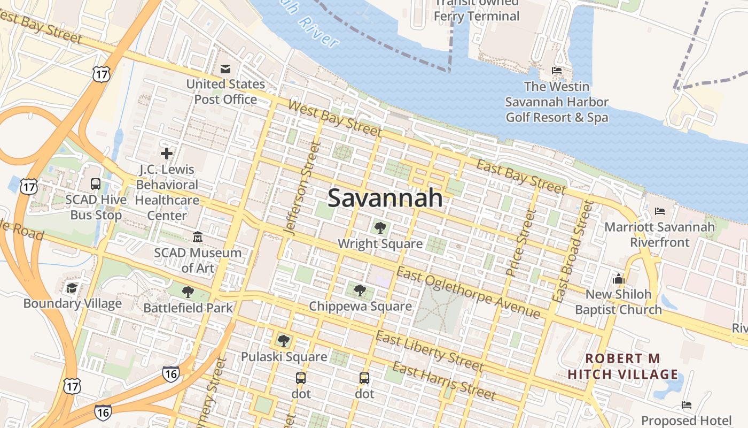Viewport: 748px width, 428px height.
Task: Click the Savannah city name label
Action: point(385,198)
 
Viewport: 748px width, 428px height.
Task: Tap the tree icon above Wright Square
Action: point(380,228)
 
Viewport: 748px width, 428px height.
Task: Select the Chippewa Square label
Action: point(361,306)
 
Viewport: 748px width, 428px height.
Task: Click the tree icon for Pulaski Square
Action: point(284,341)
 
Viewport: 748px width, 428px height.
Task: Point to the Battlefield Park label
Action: point(188,308)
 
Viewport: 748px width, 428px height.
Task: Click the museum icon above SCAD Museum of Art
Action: point(198,236)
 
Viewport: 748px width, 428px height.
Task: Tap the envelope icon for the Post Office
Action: point(225,69)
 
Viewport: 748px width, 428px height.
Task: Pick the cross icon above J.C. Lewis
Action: point(167,154)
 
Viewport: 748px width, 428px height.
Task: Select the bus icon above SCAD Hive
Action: point(96,184)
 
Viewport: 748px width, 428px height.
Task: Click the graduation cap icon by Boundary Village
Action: point(72,288)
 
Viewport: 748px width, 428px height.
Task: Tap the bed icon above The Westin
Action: point(557,71)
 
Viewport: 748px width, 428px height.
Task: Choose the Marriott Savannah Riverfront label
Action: point(659,234)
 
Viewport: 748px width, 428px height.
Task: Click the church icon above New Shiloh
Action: point(619,279)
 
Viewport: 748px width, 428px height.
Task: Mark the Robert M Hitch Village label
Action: point(623,366)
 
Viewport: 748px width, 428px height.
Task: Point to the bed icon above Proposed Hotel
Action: point(687,405)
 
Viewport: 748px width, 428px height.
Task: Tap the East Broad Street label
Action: point(573,251)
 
